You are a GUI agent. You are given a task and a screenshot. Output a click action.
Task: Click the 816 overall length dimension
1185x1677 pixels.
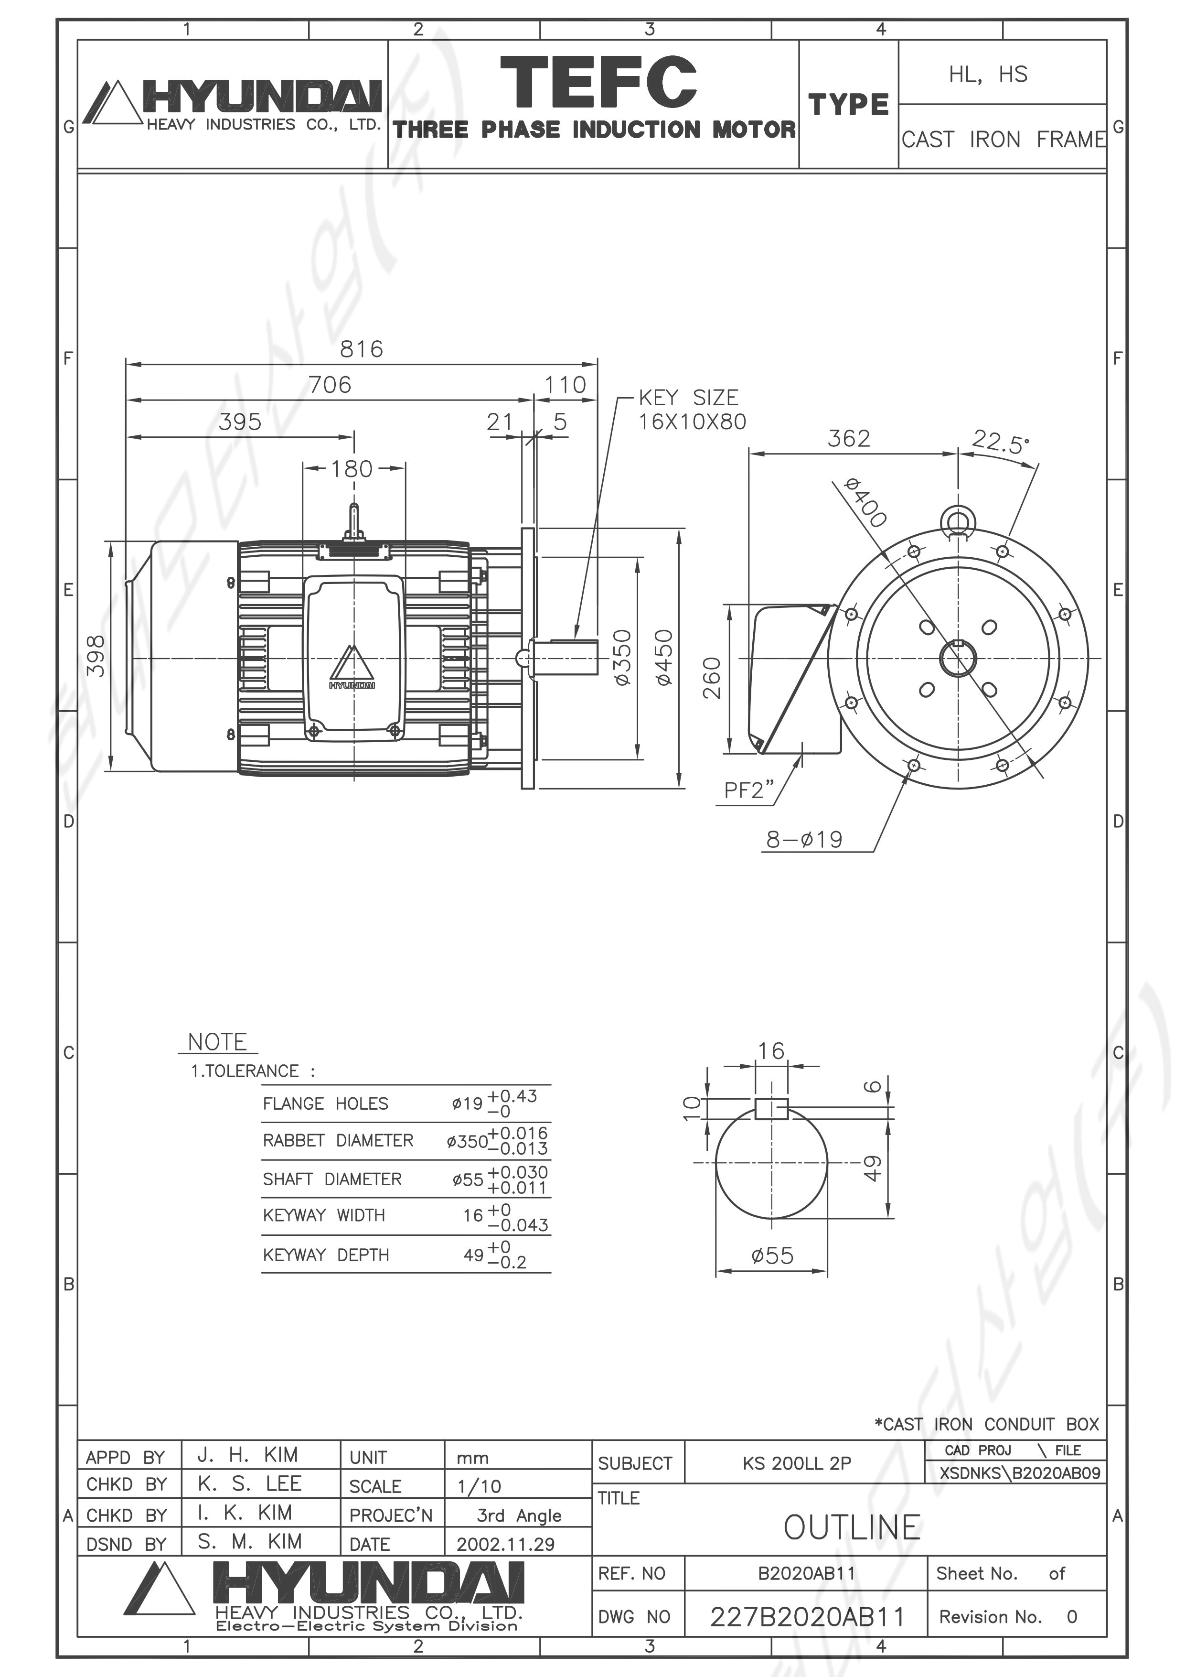362,349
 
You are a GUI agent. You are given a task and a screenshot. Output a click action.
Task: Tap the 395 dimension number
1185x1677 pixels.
240,422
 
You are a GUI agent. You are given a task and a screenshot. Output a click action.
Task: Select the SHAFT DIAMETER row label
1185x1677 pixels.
332,1179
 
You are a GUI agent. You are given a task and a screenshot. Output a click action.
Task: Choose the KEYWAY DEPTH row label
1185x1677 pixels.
326,1255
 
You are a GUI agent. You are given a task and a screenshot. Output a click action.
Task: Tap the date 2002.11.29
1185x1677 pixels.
505,1544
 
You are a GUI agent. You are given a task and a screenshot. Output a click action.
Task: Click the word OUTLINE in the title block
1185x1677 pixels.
852,1527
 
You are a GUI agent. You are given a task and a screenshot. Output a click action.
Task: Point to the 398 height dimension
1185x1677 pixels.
96,656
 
